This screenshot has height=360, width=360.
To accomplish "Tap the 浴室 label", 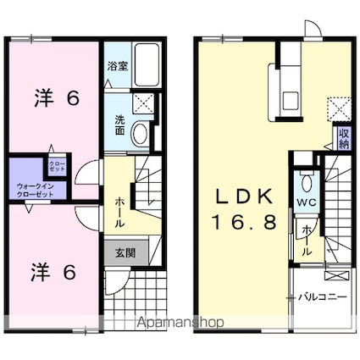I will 118,66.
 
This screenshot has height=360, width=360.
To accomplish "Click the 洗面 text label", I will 119,125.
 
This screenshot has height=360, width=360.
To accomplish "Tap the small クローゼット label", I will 57,166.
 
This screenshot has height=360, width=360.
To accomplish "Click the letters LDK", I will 241,197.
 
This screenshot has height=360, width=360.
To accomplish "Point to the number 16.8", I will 241,222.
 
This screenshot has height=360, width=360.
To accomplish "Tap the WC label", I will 306,202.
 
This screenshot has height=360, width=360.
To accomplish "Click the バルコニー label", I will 324,296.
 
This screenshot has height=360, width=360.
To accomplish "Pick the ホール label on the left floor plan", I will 119,211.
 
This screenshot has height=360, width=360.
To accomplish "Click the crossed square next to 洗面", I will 143,105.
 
